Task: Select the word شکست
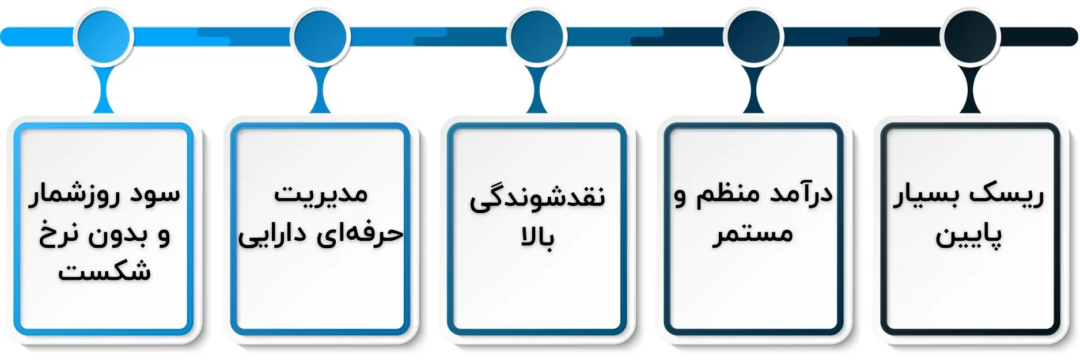coord(104,271)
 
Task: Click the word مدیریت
coord(321,195)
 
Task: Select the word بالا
coord(537,237)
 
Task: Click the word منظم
coord(727,195)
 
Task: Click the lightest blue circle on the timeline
coord(104,36)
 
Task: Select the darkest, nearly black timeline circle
coord(970,36)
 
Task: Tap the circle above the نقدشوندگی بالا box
coord(537,36)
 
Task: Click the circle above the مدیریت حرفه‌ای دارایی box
coord(320,36)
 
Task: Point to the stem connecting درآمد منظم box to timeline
coord(753,89)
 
